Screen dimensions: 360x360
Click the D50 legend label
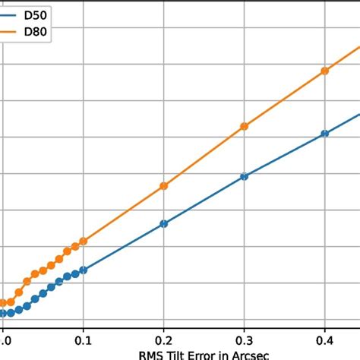pos(36,14)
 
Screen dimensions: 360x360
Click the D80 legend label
pos(36,33)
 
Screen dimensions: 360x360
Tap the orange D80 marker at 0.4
pos(325,71)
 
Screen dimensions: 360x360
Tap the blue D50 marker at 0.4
pos(325,133)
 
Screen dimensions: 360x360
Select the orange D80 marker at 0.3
pos(244,126)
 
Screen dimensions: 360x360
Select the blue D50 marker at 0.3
pos(244,176)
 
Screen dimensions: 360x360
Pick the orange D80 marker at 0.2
pos(163,186)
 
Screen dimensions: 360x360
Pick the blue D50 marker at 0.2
pos(163,223)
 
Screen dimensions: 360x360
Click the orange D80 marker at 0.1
pos(83,242)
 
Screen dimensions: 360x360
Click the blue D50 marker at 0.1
pos(83,270)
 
